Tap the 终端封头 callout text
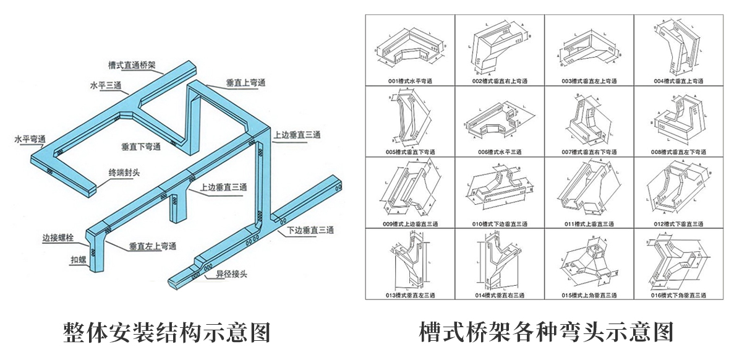point(124,173)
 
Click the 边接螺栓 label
point(58,237)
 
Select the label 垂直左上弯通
point(152,246)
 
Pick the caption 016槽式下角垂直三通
point(678,295)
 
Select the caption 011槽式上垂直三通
point(588,223)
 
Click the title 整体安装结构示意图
point(168,333)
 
